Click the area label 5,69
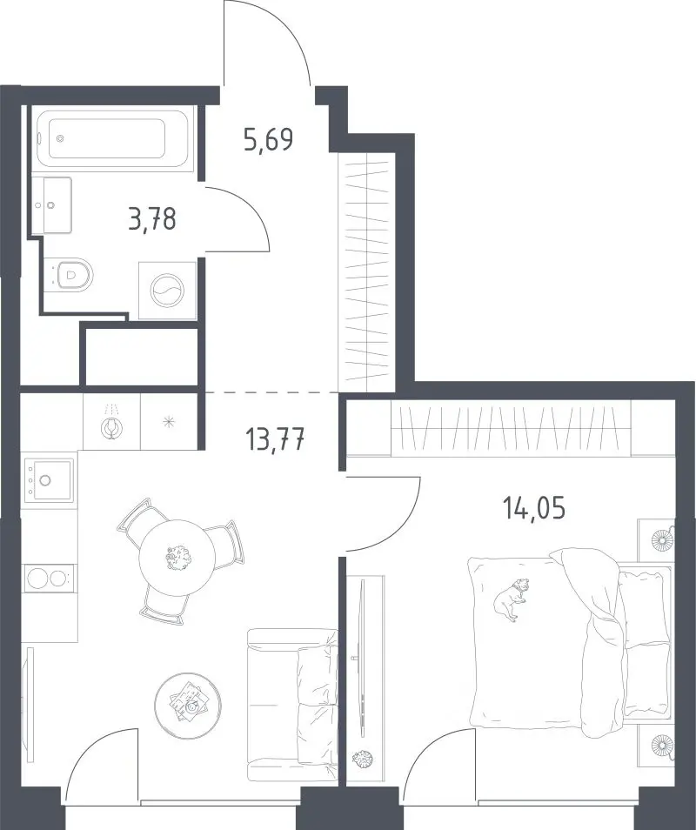[268, 140]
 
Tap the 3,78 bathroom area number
[152, 218]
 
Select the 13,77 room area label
[275, 438]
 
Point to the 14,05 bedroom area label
[534, 508]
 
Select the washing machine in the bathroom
[167, 291]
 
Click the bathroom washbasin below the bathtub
[51, 204]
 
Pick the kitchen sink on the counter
[48, 479]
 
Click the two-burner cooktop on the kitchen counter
[48, 577]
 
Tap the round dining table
[177, 559]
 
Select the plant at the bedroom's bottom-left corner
[363, 759]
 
